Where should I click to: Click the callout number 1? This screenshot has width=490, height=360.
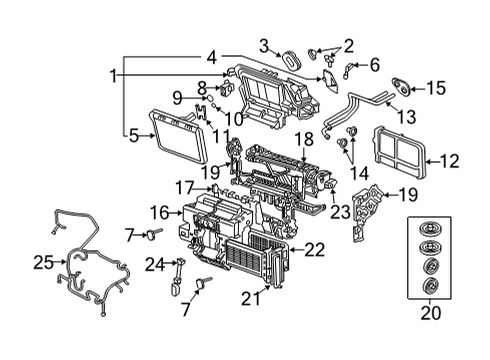pos(114,76)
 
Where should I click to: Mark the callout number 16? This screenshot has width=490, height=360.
pos(159,212)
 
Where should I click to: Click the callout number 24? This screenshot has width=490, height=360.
pos(153,264)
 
